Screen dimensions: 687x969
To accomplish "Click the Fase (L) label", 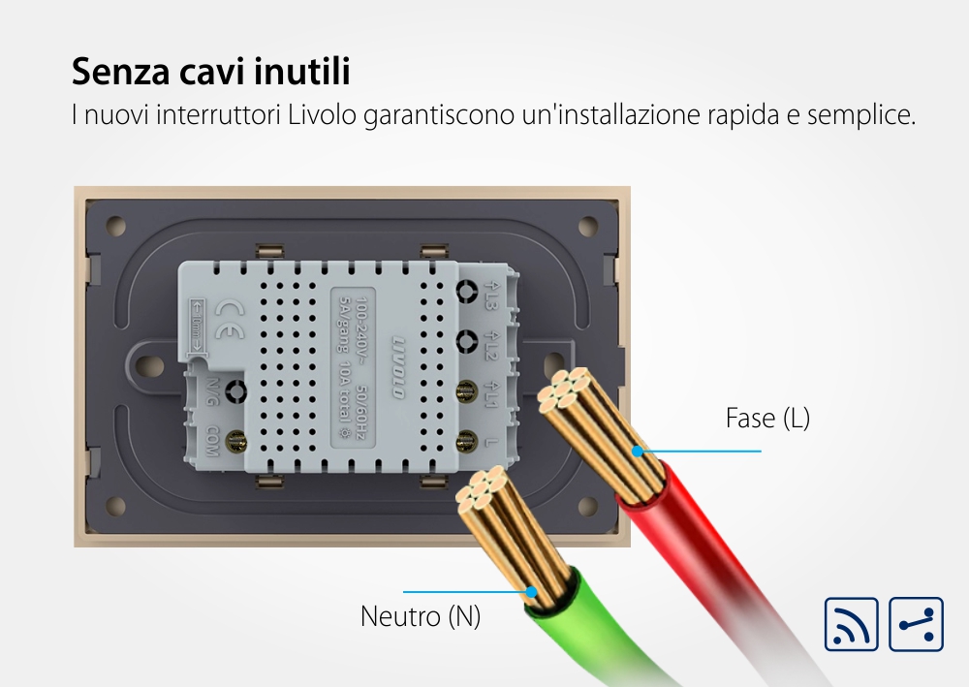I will pyautogui.click(x=767, y=419).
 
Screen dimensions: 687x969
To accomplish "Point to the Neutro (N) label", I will pyautogui.click(x=421, y=616).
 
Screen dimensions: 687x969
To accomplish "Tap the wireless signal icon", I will pyautogui.click(x=851, y=625).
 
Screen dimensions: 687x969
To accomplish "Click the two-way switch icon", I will pyautogui.click(x=915, y=625).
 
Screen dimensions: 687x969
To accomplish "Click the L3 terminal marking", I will pyautogui.click(x=491, y=295).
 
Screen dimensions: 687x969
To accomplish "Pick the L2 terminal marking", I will pyautogui.click(x=491, y=343).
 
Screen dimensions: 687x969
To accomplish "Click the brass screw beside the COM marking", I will pyautogui.click(x=234, y=443).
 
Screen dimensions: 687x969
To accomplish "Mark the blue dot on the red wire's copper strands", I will pyautogui.click(x=638, y=451).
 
